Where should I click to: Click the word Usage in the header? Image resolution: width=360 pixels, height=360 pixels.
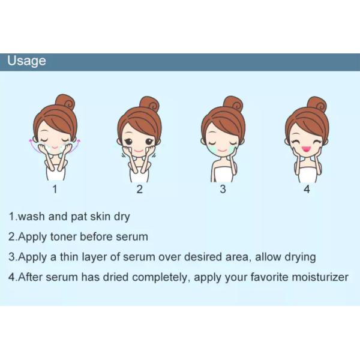26,61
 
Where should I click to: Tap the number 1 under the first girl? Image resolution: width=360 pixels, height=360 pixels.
55,190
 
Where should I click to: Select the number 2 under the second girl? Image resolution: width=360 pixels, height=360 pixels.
139,190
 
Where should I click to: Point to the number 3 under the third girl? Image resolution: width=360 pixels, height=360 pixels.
223,190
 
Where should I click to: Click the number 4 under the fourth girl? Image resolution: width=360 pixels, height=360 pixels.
307,190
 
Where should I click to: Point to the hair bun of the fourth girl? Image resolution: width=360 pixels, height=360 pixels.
316,103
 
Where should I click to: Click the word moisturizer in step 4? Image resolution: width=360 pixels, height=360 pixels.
318,277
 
